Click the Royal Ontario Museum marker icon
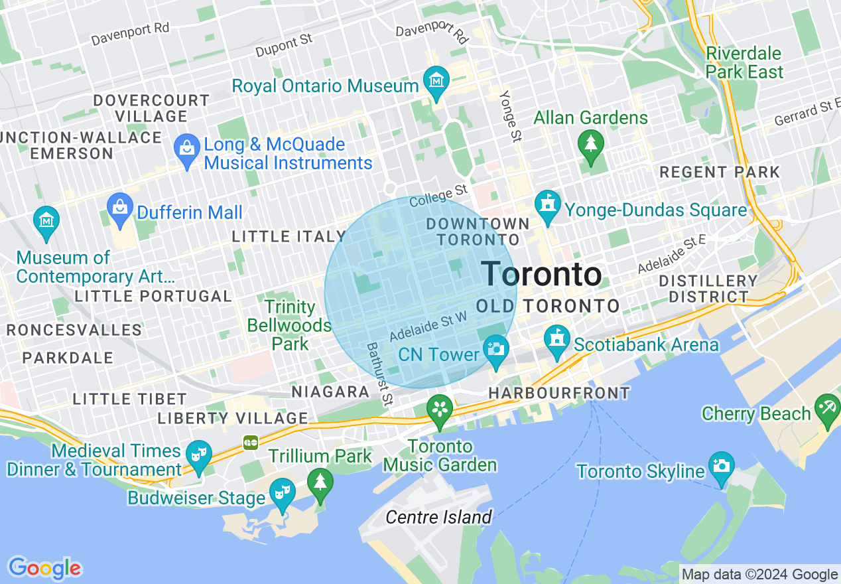tap(437, 81)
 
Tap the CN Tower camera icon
tap(496, 348)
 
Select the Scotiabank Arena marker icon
tap(557, 338)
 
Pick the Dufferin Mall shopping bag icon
tap(120, 206)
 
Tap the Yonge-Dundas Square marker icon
tap(548, 204)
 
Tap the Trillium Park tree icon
tap(321, 480)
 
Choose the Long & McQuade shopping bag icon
tap(187, 147)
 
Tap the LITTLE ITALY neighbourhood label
tap(289, 236)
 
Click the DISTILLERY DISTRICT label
tap(708, 289)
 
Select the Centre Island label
tap(438, 517)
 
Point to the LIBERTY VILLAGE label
tap(232, 418)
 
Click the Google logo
tap(44, 568)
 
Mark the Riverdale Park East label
tap(744, 62)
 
